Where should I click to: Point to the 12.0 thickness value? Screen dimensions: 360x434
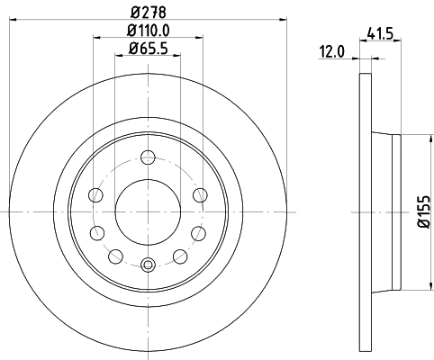click(333, 51)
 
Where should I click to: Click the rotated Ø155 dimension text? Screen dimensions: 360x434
click(422, 211)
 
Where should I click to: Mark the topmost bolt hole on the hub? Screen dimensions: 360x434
click(149, 161)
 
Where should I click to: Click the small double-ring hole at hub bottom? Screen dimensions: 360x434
click(149, 263)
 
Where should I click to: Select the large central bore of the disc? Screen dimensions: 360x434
click(149, 212)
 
